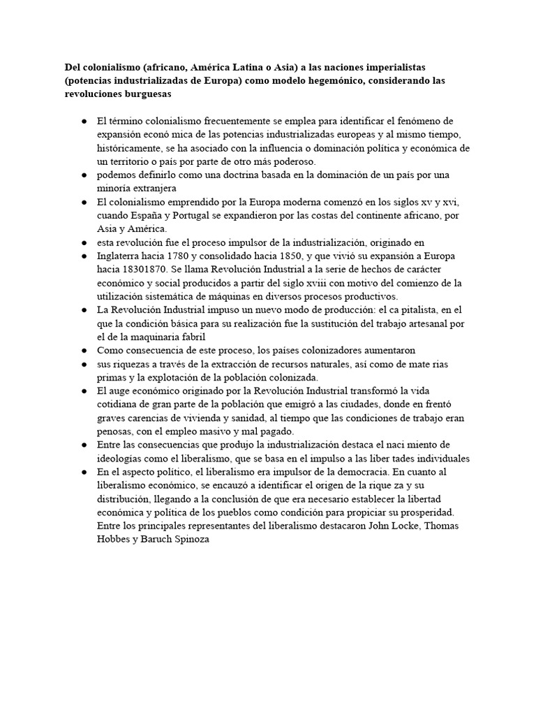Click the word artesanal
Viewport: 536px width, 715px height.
(425, 323)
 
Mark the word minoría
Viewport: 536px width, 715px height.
(117, 188)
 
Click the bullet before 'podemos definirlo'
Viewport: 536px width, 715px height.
(83, 175)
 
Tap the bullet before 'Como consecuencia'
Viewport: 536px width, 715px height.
(83, 350)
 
